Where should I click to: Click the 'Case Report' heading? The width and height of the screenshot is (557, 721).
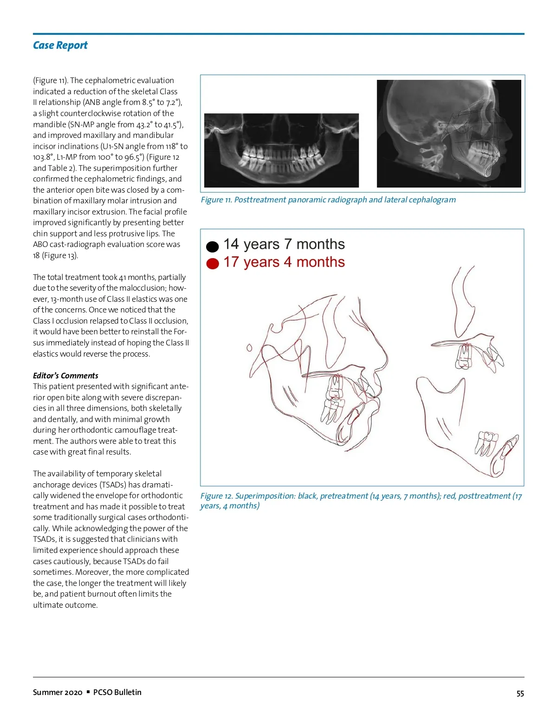pyautogui.click(x=60, y=45)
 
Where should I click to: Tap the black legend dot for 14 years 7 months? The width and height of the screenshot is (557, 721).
pyautogui.click(x=212, y=247)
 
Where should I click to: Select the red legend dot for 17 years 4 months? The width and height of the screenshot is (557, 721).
pyautogui.click(x=212, y=264)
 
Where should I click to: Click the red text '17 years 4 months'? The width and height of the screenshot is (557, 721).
pyautogui.click(x=284, y=262)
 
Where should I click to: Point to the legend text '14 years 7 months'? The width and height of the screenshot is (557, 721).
pyautogui.click(x=284, y=244)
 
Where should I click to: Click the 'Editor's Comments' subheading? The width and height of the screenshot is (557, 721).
pyautogui.click(x=65, y=376)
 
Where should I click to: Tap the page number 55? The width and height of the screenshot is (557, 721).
pyautogui.click(x=520, y=694)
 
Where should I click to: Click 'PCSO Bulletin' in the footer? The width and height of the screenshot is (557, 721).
pyautogui.click(x=117, y=692)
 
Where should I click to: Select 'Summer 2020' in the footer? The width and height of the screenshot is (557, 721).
pyautogui.click(x=58, y=692)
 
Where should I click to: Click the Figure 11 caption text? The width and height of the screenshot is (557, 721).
pyautogui.click(x=328, y=200)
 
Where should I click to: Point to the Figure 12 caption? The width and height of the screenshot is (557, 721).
pyautogui.click(x=361, y=500)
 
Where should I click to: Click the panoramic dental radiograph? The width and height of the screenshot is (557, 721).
pyautogui.click(x=281, y=150)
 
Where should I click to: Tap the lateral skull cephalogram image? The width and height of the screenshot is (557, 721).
pyautogui.click(x=448, y=134)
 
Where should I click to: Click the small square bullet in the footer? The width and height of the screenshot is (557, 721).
pyautogui.click(x=88, y=692)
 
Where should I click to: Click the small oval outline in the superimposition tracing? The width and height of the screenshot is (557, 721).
pyautogui.click(x=249, y=348)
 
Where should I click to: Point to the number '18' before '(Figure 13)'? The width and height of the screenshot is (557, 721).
pyautogui.click(x=37, y=255)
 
